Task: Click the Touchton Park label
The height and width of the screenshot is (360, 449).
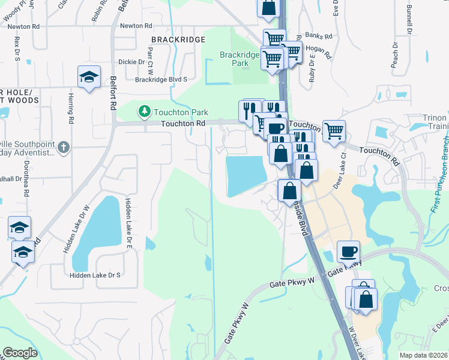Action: pyautogui.click(x=179, y=112)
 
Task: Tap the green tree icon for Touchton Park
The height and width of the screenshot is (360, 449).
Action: pyautogui.click(x=144, y=111)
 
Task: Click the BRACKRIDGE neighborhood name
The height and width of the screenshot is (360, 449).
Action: pyautogui.click(x=178, y=40)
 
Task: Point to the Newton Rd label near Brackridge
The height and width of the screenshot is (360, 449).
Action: pyautogui.click(x=136, y=26)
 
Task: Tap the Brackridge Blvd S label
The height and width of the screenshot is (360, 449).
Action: pyautogui.click(x=161, y=79)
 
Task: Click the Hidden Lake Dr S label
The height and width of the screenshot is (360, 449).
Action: pyautogui.click(x=95, y=274)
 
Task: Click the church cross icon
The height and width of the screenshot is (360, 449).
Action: pyautogui.click(x=64, y=146)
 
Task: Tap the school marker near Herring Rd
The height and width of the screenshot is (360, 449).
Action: pyautogui.click(x=89, y=77)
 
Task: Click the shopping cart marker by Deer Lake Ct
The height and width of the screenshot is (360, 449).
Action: pyautogui.click(x=334, y=130)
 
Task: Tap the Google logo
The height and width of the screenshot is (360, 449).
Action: pyautogui.click(x=20, y=353)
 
